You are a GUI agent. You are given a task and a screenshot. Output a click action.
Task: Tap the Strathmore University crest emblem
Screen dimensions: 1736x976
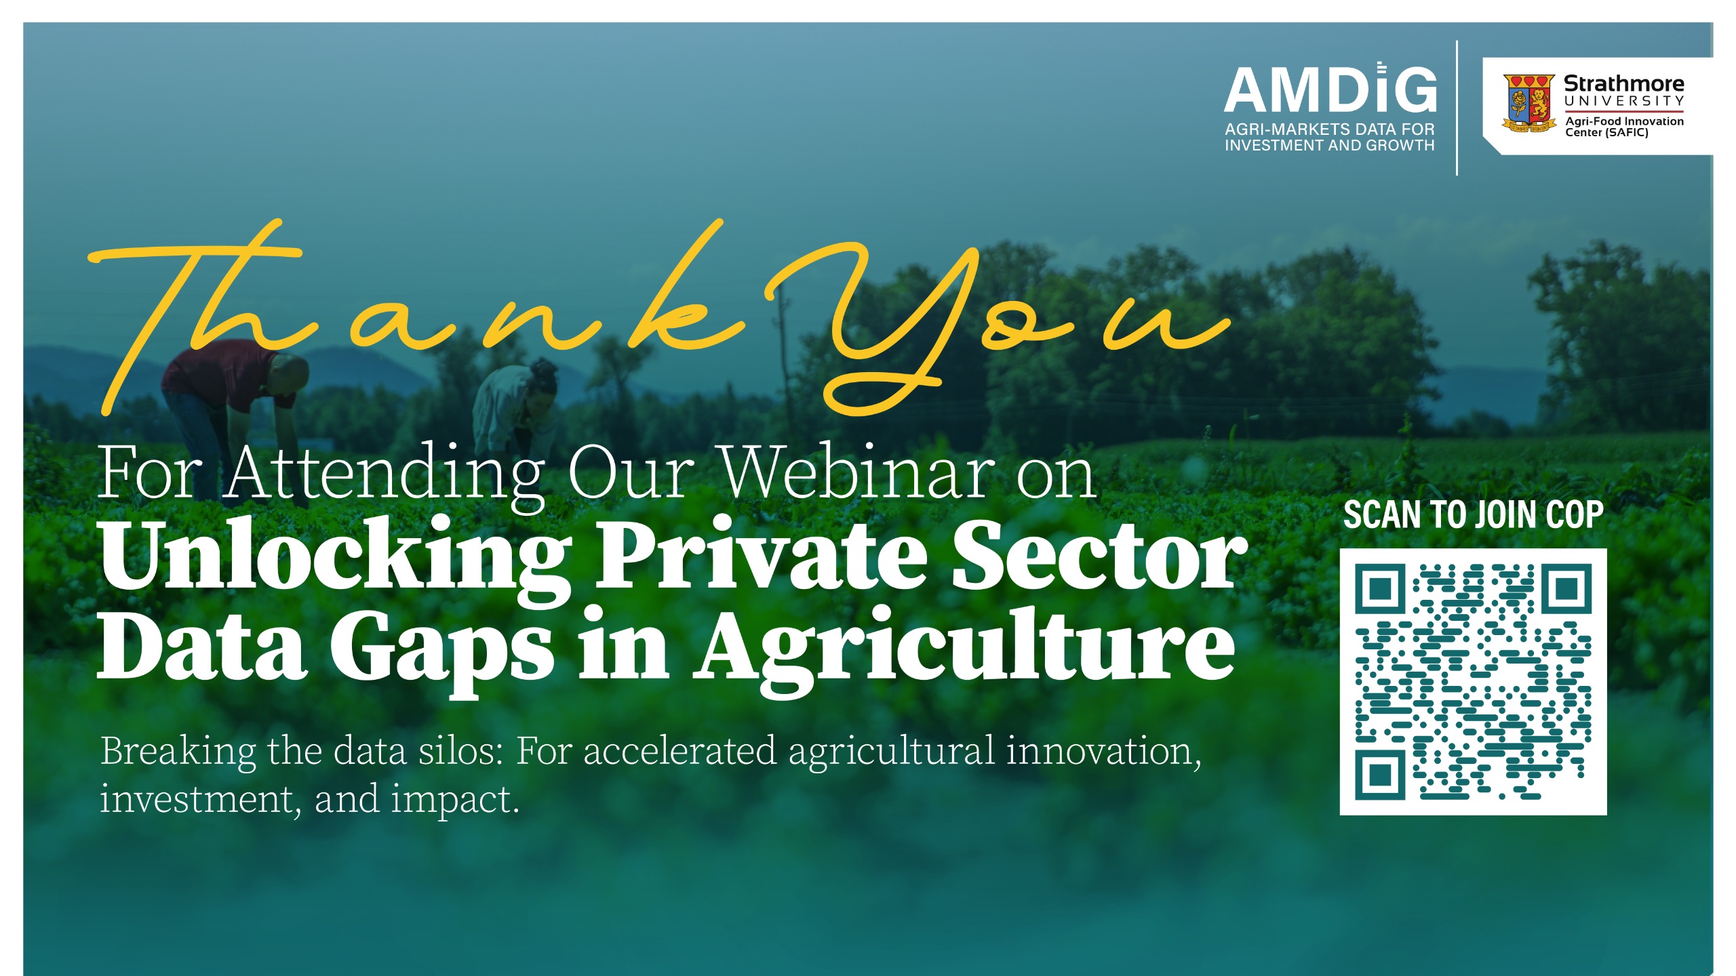point(1528,103)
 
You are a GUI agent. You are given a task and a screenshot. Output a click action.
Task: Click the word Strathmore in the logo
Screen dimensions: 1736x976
point(1623,83)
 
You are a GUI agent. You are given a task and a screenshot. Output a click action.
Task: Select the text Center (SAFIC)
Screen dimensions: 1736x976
point(1606,132)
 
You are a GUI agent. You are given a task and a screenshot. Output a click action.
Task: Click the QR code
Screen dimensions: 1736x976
point(1473,681)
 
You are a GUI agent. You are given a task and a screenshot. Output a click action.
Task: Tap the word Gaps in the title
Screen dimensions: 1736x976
point(441,651)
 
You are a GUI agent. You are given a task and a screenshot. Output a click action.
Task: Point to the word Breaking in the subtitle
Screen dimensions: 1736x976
point(178,752)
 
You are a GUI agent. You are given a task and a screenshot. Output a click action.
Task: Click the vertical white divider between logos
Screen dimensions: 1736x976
point(1457,108)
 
